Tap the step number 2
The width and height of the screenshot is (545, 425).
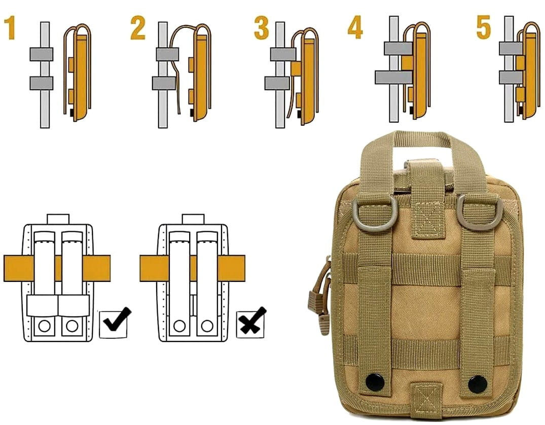click(138, 27)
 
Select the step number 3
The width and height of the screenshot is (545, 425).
click(262, 27)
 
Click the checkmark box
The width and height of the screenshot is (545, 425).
click(114, 324)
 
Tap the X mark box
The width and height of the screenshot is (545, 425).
click(250, 324)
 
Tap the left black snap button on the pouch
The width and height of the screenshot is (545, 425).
click(375, 382)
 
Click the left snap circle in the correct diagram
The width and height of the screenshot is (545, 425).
click(45, 326)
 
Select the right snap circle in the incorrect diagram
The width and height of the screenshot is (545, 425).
click(207, 326)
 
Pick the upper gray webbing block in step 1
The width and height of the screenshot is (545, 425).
click(42, 54)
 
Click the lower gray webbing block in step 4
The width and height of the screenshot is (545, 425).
click(393, 77)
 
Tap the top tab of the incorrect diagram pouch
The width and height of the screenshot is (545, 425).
click(193, 219)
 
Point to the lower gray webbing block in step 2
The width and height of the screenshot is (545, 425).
click(164, 84)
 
